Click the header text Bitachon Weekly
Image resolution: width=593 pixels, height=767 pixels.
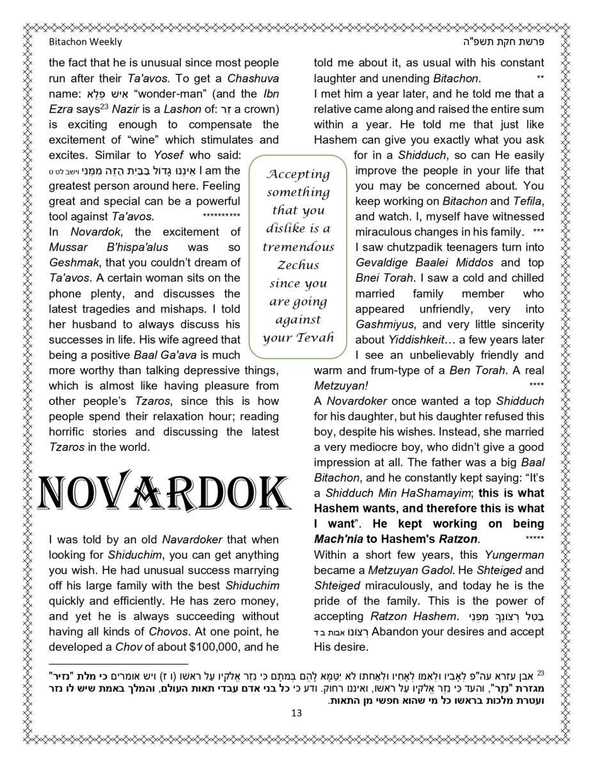[x=85, y=42]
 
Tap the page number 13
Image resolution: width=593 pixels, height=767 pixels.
[x=296, y=713]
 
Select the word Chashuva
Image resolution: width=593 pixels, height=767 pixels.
[x=253, y=78]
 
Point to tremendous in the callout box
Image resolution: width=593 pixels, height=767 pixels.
[x=298, y=247]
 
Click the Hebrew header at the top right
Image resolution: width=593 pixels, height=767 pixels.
[x=500, y=42]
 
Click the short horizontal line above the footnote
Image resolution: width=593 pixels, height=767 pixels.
[x=118, y=664]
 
